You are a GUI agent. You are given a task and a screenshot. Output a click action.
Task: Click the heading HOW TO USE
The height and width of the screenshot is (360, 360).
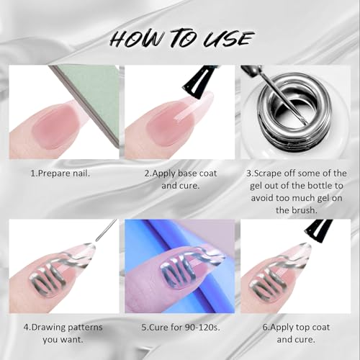coord(180,37)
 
